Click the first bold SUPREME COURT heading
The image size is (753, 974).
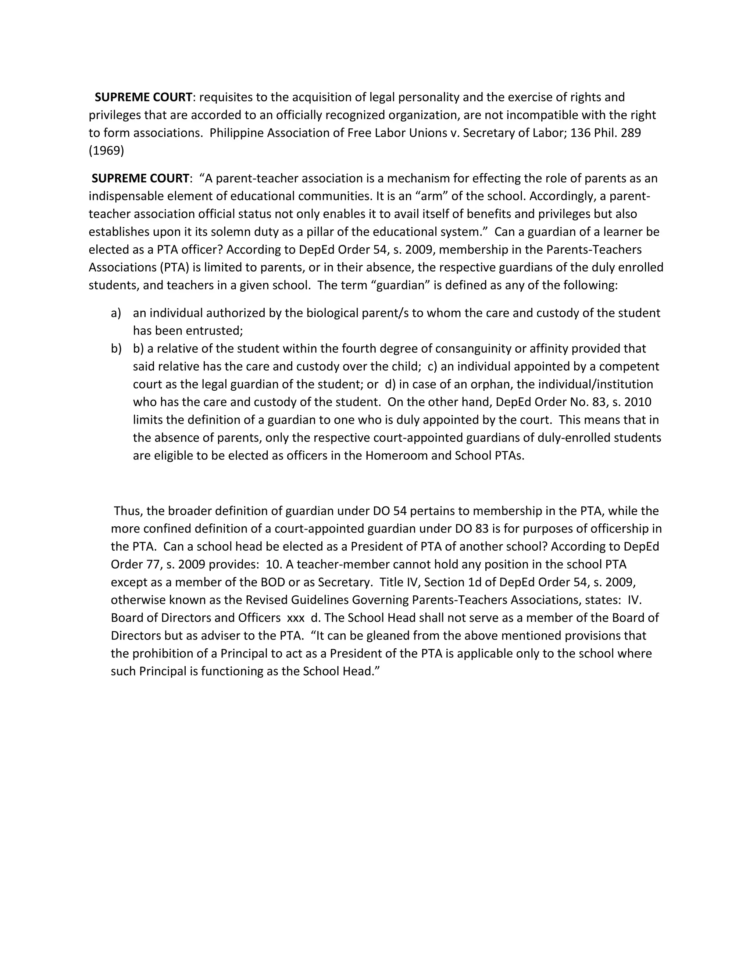pyautogui.click(x=143, y=97)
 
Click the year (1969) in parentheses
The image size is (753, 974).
pyautogui.click(x=106, y=151)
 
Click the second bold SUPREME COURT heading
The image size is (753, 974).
pyautogui.click(x=140, y=178)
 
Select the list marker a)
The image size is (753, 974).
pyautogui.click(x=116, y=313)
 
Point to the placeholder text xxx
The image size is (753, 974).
pyautogui.click(x=296, y=618)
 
